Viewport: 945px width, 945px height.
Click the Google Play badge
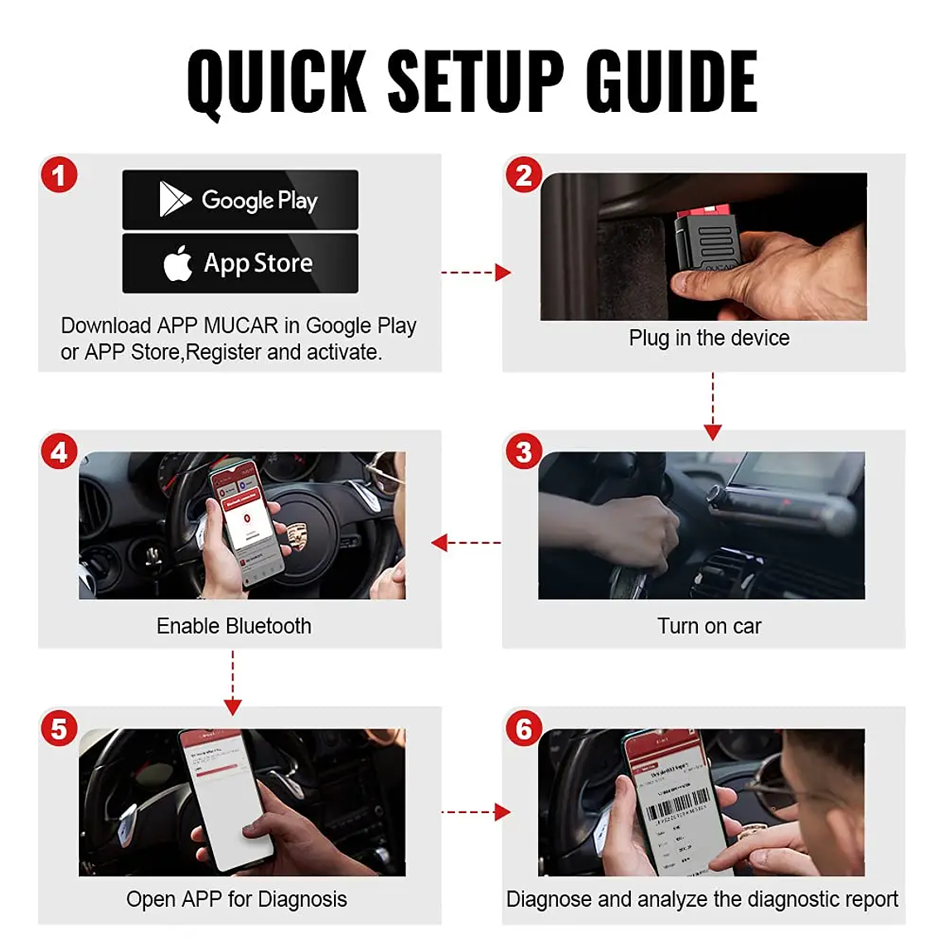[x=240, y=200]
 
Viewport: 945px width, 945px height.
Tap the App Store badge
[x=240, y=263]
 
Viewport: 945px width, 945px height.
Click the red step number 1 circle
[x=59, y=176]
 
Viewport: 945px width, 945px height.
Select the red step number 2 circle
[x=524, y=176]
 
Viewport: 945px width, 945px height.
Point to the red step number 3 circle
[x=524, y=453]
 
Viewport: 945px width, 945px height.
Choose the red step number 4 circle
[x=59, y=453]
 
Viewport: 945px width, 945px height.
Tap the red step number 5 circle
[x=59, y=729]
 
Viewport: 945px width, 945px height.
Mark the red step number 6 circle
[x=524, y=729]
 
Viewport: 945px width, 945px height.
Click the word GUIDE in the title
[x=671, y=81]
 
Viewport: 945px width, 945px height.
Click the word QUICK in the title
[x=277, y=81]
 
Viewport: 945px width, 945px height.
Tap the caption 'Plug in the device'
[x=709, y=338]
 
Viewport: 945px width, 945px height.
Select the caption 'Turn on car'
[x=709, y=626]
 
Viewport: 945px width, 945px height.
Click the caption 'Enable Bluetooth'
[x=234, y=626]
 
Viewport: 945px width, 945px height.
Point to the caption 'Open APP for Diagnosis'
[x=236, y=899]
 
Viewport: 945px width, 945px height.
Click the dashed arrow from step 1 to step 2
[x=475, y=272]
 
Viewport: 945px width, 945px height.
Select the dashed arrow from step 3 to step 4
[x=466, y=543]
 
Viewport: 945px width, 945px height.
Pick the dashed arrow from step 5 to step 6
[x=475, y=812]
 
